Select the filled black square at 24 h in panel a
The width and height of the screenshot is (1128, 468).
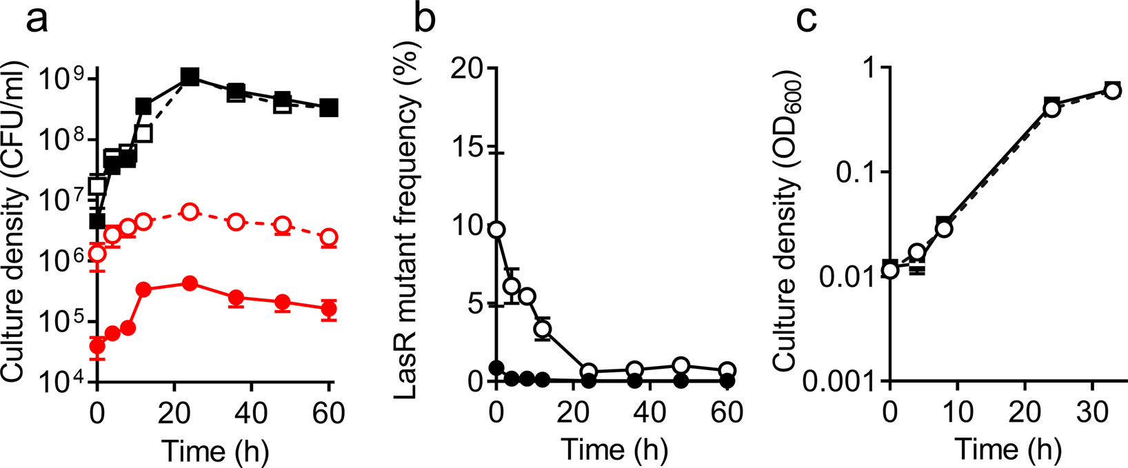pos(190,77)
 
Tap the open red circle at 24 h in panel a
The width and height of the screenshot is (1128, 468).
pos(190,212)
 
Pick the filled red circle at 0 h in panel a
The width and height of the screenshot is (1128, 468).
pos(97,346)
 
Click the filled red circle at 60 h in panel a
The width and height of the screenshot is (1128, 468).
pos(330,309)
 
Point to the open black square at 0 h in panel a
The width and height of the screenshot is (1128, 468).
pos(97,185)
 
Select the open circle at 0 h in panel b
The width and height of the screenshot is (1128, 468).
pos(496,230)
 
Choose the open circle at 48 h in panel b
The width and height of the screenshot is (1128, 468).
pos(681,365)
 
